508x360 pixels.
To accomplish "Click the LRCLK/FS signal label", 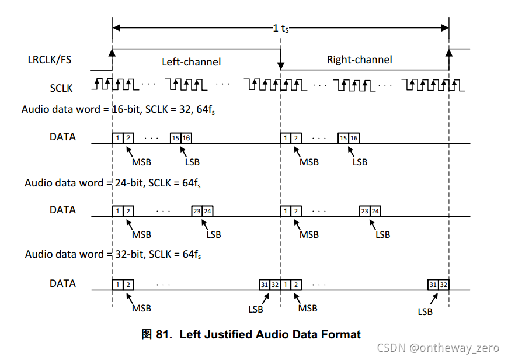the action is point(50,59).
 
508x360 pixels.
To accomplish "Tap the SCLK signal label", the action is point(61,88).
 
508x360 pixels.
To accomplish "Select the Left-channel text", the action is point(192,61).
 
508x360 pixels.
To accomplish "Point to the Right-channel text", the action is point(359,59).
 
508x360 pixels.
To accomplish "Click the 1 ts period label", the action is point(281,28).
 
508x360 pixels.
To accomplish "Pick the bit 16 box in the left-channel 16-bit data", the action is point(186,138).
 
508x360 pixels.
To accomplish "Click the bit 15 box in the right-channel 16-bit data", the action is point(343,138).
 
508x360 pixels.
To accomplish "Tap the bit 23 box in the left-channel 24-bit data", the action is point(197,211).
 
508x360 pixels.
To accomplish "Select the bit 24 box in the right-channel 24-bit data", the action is point(375,211).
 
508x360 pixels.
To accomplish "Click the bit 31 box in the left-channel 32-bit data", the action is point(265,285).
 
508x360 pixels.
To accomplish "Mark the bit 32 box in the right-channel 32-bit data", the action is point(444,285).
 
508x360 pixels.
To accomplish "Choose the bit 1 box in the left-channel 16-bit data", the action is point(118,138).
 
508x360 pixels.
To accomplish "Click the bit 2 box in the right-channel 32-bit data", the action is point(296,285).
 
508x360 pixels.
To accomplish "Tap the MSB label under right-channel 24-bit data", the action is point(309,235).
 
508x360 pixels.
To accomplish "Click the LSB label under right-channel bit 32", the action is point(425,311).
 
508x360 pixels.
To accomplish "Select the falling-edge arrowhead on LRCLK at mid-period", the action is point(281,65).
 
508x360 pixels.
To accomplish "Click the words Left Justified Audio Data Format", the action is point(270,335).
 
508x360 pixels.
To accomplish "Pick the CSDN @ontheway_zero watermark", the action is point(438,348).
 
